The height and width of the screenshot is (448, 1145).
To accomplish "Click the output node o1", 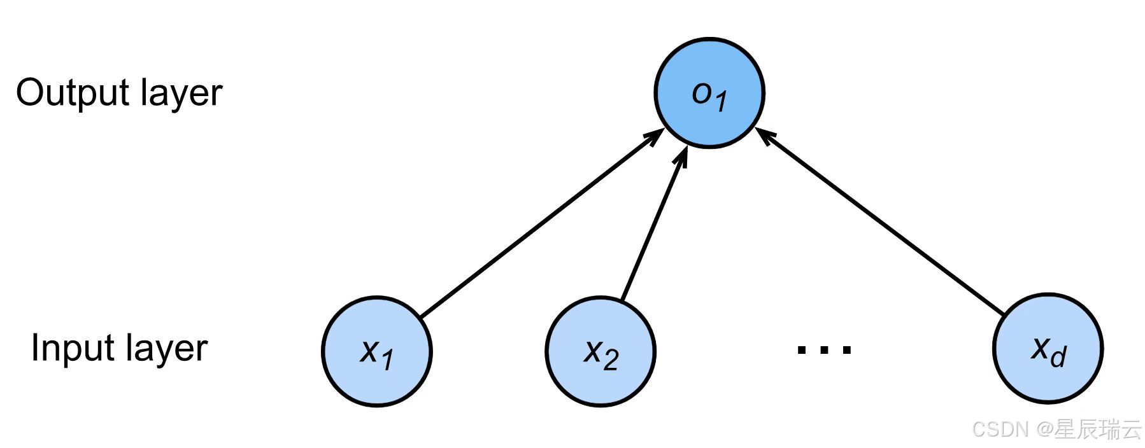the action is click(x=709, y=93).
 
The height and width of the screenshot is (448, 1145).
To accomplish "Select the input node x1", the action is click(x=377, y=351).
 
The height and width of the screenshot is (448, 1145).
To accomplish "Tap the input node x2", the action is click(x=601, y=351).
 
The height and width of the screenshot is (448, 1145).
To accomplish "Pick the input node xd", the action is click(x=1048, y=348).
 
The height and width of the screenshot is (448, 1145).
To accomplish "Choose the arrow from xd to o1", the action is click(x=879, y=220).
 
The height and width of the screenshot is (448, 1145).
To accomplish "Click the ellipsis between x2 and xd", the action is click(x=825, y=349).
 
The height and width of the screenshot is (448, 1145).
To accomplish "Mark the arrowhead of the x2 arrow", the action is click(x=683, y=157).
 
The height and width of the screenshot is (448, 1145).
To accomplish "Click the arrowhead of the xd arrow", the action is click(x=764, y=134).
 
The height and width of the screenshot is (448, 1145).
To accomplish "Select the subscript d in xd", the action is click(x=1058, y=357).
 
